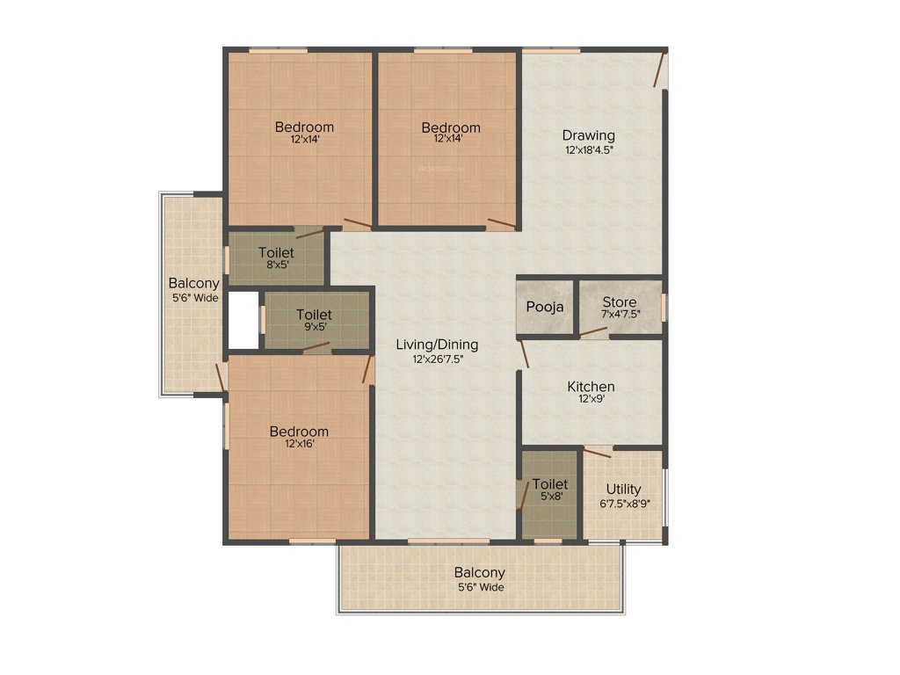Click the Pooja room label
(x=545, y=307)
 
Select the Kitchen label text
(x=591, y=387)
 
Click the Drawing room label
(x=589, y=135)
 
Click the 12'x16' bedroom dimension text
(x=299, y=445)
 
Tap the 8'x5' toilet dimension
(x=276, y=265)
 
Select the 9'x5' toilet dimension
(x=314, y=327)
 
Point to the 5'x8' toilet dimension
(x=550, y=497)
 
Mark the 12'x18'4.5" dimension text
(x=589, y=149)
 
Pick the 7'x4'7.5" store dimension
(x=620, y=315)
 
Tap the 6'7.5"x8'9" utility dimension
(x=624, y=503)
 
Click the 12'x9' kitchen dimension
(x=591, y=400)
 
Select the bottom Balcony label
(x=480, y=573)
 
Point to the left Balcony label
(x=193, y=284)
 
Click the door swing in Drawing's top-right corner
(x=659, y=70)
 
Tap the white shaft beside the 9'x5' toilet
(x=243, y=320)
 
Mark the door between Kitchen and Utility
(x=598, y=452)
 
